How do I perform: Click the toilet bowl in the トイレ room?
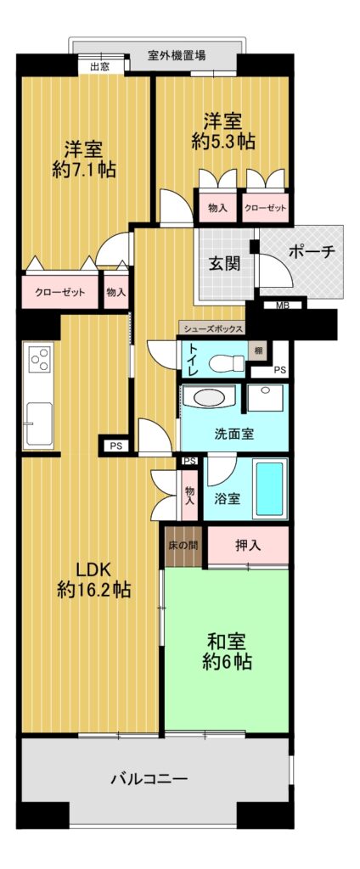(x=227, y=363)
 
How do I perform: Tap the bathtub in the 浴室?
(x=270, y=488)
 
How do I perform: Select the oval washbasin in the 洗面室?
(x=209, y=397)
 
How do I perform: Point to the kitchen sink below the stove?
(x=38, y=423)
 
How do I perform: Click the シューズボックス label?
(x=211, y=328)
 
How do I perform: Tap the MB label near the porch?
(x=283, y=305)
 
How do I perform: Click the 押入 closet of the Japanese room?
(x=248, y=546)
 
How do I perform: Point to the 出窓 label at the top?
(x=100, y=66)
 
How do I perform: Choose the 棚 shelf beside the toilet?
(x=258, y=350)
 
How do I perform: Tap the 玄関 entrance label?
(x=224, y=264)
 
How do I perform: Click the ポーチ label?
(x=312, y=252)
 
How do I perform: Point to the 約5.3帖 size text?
(x=223, y=143)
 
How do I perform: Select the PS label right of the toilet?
(x=279, y=370)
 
